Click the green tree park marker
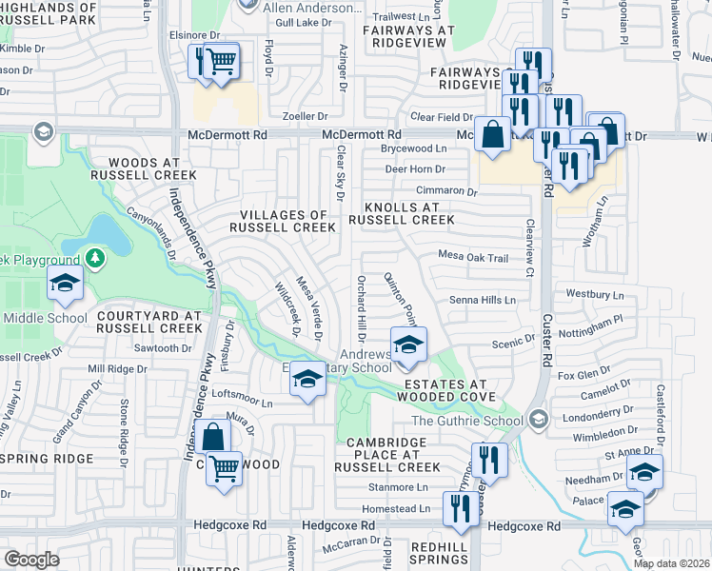(x=94, y=258)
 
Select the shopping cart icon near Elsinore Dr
(x=221, y=63)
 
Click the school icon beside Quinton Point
(x=407, y=344)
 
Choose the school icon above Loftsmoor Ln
(x=307, y=380)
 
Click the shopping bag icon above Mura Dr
(x=214, y=437)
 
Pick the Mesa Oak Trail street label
(x=473, y=256)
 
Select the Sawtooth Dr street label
(x=156, y=348)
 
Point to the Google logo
(x=31, y=560)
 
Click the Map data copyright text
(x=671, y=563)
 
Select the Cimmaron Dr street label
(x=444, y=191)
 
